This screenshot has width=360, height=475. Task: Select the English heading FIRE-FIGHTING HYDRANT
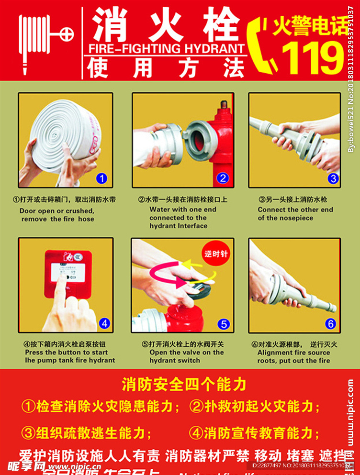(166, 49)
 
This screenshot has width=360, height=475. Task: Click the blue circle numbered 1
(101, 179)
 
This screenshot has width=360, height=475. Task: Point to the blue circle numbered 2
(223, 178)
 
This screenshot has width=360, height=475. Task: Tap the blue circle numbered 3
(333, 179)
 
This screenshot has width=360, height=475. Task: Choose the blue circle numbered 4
(105, 323)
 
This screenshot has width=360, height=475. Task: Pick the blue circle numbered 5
(223, 324)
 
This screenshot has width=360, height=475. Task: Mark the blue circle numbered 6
(331, 324)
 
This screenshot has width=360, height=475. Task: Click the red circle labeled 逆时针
(215, 254)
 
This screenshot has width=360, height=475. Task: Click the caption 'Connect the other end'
(295, 210)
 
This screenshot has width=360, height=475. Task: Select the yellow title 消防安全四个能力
(184, 384)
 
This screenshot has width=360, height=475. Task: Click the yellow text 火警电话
(311, 27)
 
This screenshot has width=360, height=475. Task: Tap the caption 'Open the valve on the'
(186, 352)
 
